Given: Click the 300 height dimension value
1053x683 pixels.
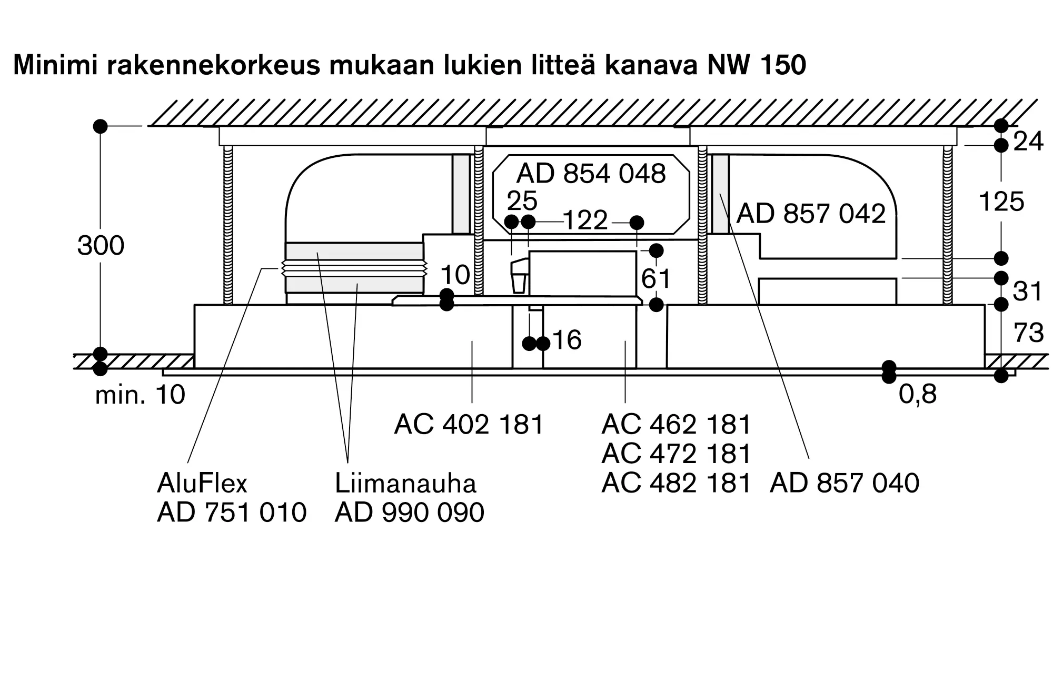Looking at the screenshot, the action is (101, 245).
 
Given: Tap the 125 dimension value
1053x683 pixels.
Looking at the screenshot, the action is (1001, 202).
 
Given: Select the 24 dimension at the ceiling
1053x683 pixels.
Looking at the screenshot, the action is (1028, 142).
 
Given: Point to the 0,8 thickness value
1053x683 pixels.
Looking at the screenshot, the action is (918, 394).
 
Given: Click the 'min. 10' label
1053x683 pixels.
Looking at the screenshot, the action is (140, 395).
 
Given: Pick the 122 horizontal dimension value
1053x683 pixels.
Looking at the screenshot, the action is (585, 220).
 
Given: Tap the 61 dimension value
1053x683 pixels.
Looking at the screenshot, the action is (656, 279).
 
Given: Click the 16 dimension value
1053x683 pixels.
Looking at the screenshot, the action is (567, 340).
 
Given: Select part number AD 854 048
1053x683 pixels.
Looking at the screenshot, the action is (591, 174).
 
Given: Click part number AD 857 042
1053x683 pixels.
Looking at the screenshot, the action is (811, 214).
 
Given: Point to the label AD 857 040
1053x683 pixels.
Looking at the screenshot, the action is (845, 483).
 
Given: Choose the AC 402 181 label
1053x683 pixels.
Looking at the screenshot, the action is (469, 424).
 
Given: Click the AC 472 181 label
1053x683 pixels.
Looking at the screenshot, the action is (676, 454).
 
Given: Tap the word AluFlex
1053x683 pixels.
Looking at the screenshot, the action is (202, 483).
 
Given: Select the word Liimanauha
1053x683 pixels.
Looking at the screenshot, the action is (405, 483).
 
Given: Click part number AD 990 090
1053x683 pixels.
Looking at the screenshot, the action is (409, 513).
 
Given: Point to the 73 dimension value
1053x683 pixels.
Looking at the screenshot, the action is (1029, 333).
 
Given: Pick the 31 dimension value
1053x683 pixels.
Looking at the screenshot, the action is (1028, 292).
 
